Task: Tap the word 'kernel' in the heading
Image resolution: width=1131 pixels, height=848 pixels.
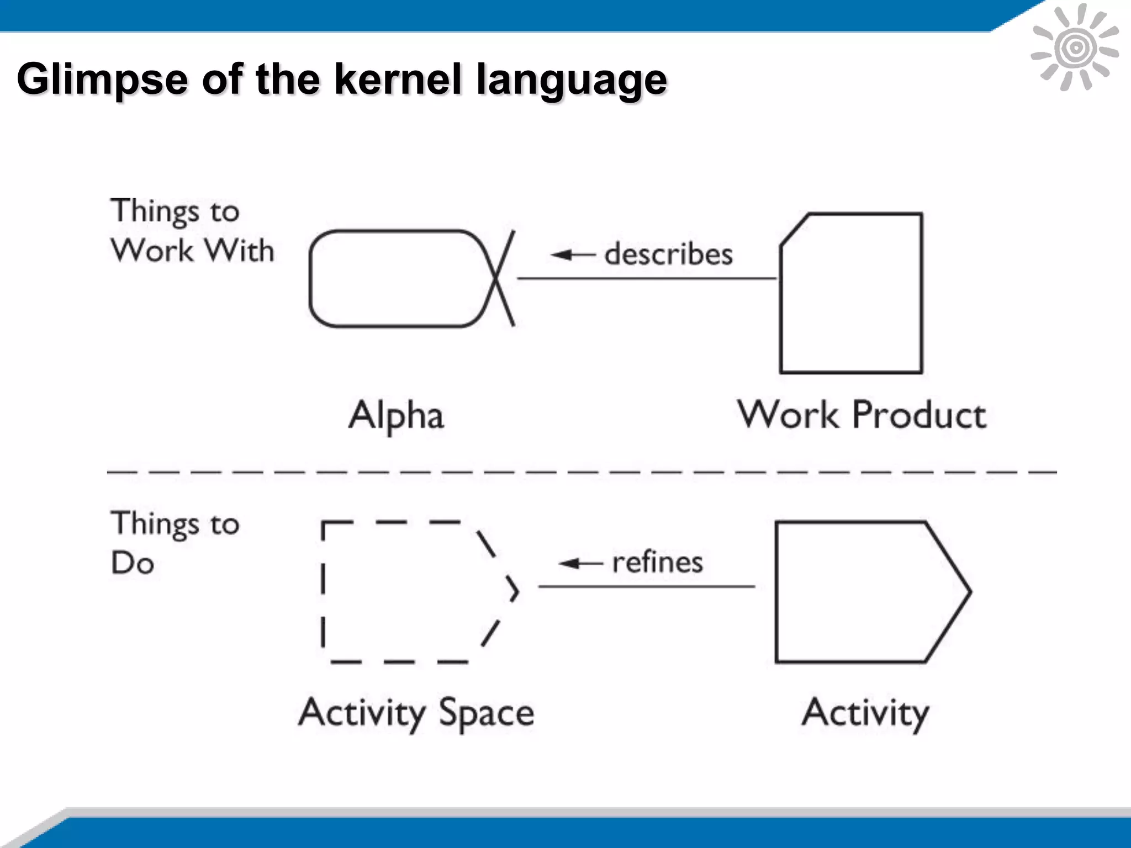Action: tap(397, 78)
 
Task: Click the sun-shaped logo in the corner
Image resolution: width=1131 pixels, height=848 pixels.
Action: tap(1075, 47)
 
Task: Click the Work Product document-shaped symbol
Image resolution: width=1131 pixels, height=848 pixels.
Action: tap(851, 293)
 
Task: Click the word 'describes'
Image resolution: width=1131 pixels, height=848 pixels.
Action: tap(668, 255)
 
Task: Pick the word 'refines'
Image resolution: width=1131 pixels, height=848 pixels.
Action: tap(657, 563)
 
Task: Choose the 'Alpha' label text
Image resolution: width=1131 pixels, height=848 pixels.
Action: tap(396, 415)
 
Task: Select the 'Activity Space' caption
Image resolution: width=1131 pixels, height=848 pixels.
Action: tap(416, 713)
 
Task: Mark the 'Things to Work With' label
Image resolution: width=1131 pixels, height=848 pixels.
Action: tap(192, 231)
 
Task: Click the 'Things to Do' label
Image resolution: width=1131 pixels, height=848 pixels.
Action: tap(175, 543)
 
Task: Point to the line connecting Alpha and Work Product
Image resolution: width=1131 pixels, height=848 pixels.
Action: tap(646, 278)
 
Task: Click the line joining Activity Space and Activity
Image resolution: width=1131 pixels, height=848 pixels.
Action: tap(646, 586)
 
